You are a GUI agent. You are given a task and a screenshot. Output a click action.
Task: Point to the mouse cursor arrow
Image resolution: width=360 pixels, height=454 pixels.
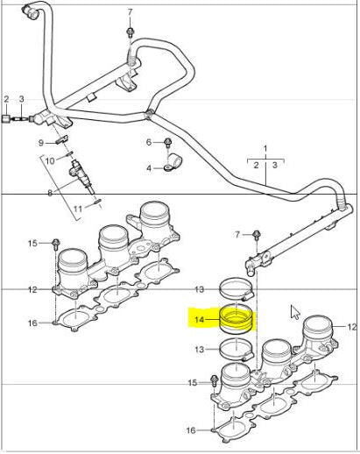pos(295,311)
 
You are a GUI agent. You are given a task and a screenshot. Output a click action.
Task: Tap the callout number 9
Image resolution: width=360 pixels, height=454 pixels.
pos(40,142)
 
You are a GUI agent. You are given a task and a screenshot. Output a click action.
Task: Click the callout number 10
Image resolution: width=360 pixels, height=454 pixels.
pos(50,160)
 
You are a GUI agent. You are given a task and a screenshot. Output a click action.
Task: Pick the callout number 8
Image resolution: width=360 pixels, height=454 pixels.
pos(50,191)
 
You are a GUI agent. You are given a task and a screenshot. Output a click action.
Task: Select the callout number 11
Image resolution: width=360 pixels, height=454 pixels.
pos(77,208)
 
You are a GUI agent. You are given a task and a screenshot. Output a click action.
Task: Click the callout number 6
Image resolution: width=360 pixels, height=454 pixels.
pos(150,142)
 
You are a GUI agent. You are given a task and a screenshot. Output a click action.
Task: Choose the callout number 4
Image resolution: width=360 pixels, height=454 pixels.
pos(150,167)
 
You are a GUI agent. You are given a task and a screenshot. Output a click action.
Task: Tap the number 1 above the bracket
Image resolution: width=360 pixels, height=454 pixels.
pos(264,148)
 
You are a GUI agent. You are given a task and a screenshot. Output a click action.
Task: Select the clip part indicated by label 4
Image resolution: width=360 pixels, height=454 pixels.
pos(173,161)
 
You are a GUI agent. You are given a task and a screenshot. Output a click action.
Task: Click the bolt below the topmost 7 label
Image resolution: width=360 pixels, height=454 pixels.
pos(130,31)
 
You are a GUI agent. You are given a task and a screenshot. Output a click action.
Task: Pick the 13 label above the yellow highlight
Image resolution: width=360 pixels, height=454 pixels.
pos(199,288)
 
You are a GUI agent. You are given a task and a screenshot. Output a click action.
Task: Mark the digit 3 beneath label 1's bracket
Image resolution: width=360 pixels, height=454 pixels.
pos(274,164)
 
